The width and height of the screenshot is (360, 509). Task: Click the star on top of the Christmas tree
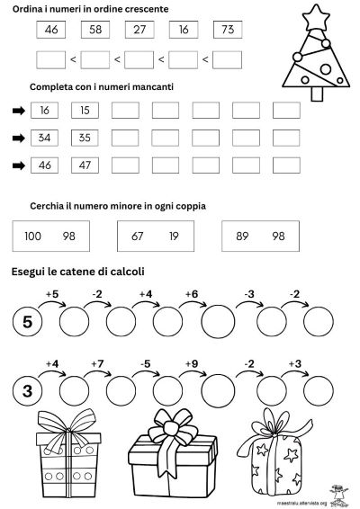(316, 15)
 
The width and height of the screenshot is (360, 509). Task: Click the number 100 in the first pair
(33, 236)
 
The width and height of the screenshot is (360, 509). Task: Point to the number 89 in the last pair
(241, 236)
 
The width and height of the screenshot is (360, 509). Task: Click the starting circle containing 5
(27, 321)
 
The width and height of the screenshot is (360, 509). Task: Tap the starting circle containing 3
(27, 390)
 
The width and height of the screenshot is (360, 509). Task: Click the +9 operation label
(191, 364)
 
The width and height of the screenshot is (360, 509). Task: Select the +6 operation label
(191, 294)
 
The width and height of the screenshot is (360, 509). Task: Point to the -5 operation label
(144, 364)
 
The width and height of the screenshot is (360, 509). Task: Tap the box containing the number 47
(85, 165)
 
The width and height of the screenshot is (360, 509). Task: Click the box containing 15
(85, 110)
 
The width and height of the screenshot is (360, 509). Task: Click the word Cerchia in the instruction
(50, 205)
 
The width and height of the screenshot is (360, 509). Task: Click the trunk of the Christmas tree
(316, 93)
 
